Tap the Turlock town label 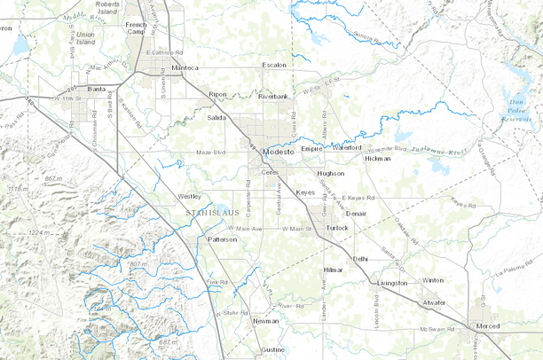(x=337, y=228)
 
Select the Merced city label (x=488, y=326)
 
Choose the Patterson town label (x=222, y=239)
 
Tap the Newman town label (x=265, y=321)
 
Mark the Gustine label (x=273, y=349)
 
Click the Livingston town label (x=392, y=283)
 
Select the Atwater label (x=434, y=302)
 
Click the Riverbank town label (x=273, y=96)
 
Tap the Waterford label (x=349, y=147)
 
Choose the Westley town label (x=190, y=196)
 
